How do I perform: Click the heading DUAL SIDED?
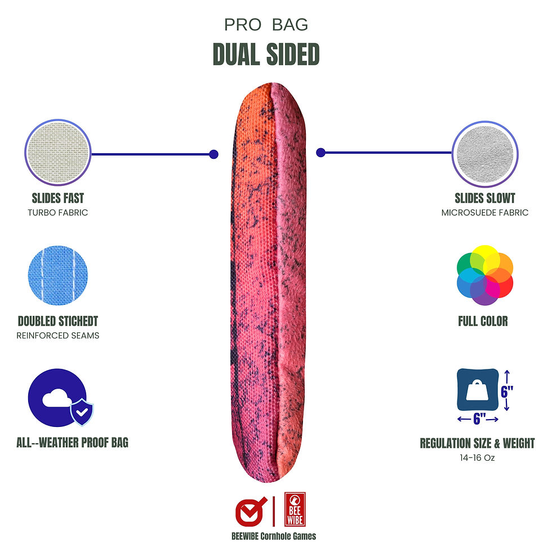[x=266, y=54]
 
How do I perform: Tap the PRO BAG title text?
[x=266, y=25]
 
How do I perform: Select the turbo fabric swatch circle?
[x=58, y=153]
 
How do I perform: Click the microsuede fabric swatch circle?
[x=485, y=153]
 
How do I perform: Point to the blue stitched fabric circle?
[x=57, y=275]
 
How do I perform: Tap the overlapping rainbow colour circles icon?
[x=484, y=275]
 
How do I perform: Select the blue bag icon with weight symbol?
[x=477, y=390]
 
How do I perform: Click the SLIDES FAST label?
[x=58, y=198]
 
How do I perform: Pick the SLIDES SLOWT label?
[x=485, y=198]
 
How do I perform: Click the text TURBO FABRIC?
[x=58, y=213]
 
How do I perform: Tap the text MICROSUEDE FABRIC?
[x=485, y=213]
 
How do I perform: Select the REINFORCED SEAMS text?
[x=58, y=336]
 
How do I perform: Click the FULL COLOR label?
[x=483, y=322]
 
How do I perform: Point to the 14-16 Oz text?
[x=477, y=458]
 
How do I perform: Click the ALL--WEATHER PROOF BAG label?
[x=73, y=443]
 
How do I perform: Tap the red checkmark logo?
[x=250, y=511]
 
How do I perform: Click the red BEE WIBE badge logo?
[x=295, y=509]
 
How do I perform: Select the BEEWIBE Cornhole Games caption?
[x=274, y=536]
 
